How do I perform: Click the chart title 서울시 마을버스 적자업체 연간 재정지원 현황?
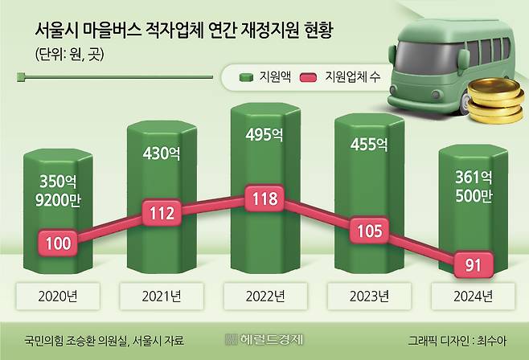(x=184, y=31)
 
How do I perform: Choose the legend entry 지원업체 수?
(x=342, y=77)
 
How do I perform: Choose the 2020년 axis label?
(x=59, y=296)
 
